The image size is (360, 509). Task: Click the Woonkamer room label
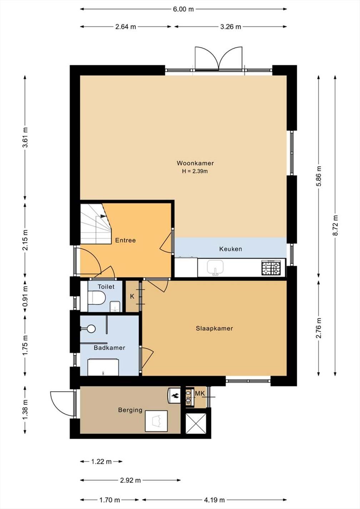[195, 163]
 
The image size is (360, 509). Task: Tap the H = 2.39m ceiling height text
[195, 171]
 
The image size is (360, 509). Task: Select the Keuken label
[231, 249]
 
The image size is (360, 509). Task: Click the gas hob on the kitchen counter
[271, 268]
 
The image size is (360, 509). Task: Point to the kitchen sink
[215, 268]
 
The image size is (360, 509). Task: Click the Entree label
[125, 240]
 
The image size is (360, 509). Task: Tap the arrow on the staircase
[103, 216]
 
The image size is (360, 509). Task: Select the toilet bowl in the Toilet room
[96, 298]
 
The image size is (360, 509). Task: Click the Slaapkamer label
[214, 328]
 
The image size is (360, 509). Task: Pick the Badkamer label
[110, 348]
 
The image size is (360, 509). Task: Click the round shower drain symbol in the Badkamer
[91, 329]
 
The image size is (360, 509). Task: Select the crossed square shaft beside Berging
[196, 423]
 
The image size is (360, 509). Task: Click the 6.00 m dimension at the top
[184, 9]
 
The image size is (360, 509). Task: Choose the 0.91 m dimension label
[25, 296]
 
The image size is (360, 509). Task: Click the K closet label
[132, 296]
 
